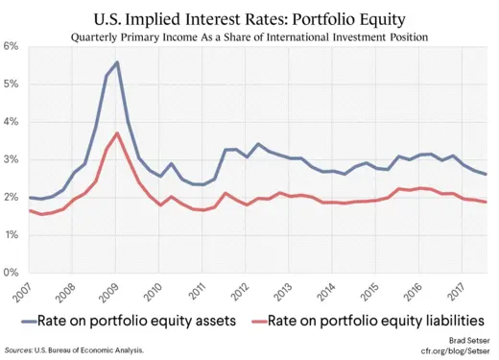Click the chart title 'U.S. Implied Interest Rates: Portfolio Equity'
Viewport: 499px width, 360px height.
tap(249, 18)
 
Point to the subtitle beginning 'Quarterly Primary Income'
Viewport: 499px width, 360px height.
tap(249, 37)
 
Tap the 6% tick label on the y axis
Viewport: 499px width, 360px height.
tap(12, 46)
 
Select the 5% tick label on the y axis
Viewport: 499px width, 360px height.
tap(12, 84)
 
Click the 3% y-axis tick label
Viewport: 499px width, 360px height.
tap(12, 159)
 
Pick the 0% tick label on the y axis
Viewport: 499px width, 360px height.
tap(12, 273)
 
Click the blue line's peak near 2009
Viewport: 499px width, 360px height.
tap(116, 62)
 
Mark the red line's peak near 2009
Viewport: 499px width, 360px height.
tap(116, 133)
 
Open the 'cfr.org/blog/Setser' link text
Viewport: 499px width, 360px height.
tap(454, 351)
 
